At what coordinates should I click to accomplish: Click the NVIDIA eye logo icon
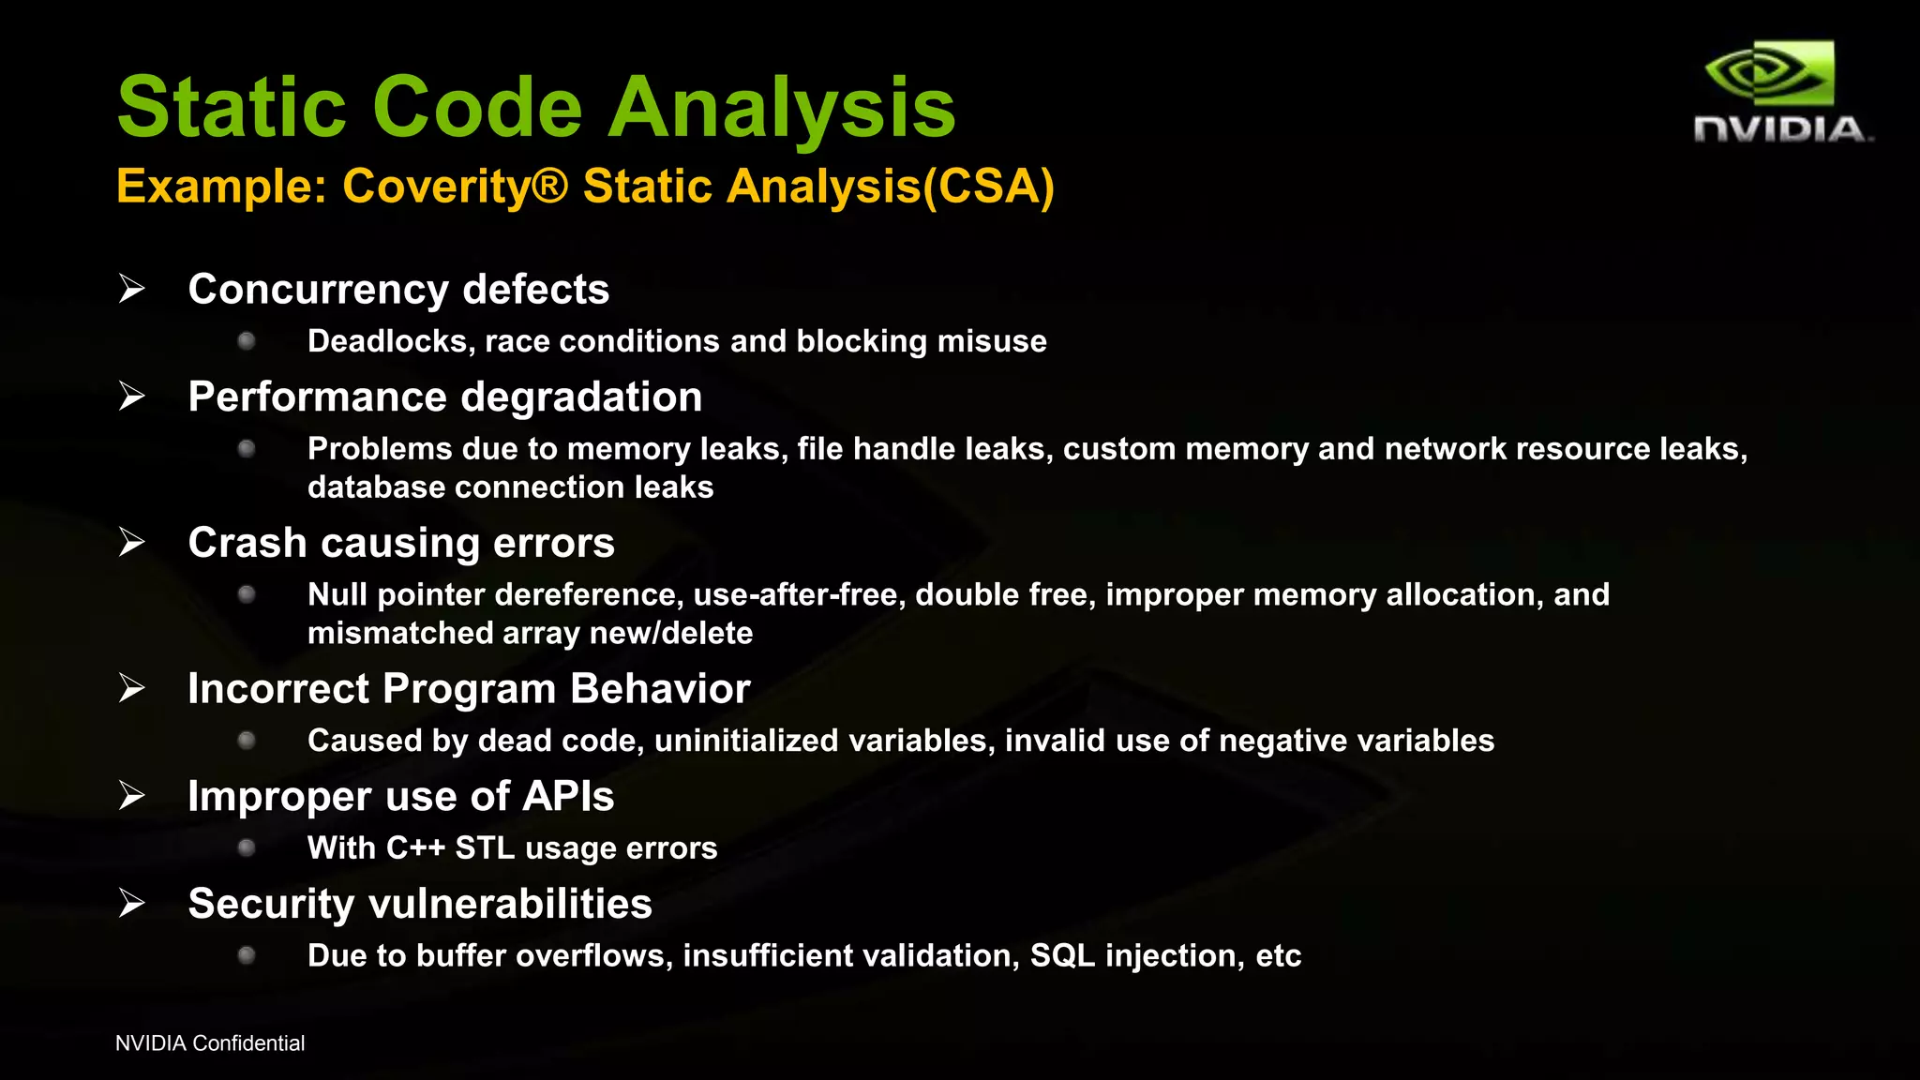click(x=1770, y=73)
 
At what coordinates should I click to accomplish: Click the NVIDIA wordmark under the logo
click(x=1781, y=130)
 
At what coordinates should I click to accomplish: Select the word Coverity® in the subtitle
click(x=456, y=186)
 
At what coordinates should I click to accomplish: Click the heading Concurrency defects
click(x=398, y=290)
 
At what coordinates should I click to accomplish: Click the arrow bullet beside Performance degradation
click(x=132, y=397)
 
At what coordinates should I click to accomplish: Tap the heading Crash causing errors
click(x=401, y=543)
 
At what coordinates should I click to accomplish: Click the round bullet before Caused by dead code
click(x=247, y=741)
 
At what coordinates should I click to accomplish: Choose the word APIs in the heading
click(x=568, y=797)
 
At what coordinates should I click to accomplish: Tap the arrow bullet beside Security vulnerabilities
click(x=132, y=904)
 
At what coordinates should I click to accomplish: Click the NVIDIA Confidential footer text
click(x=210, y=1043)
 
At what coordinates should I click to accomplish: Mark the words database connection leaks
click(x=510, y=487)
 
